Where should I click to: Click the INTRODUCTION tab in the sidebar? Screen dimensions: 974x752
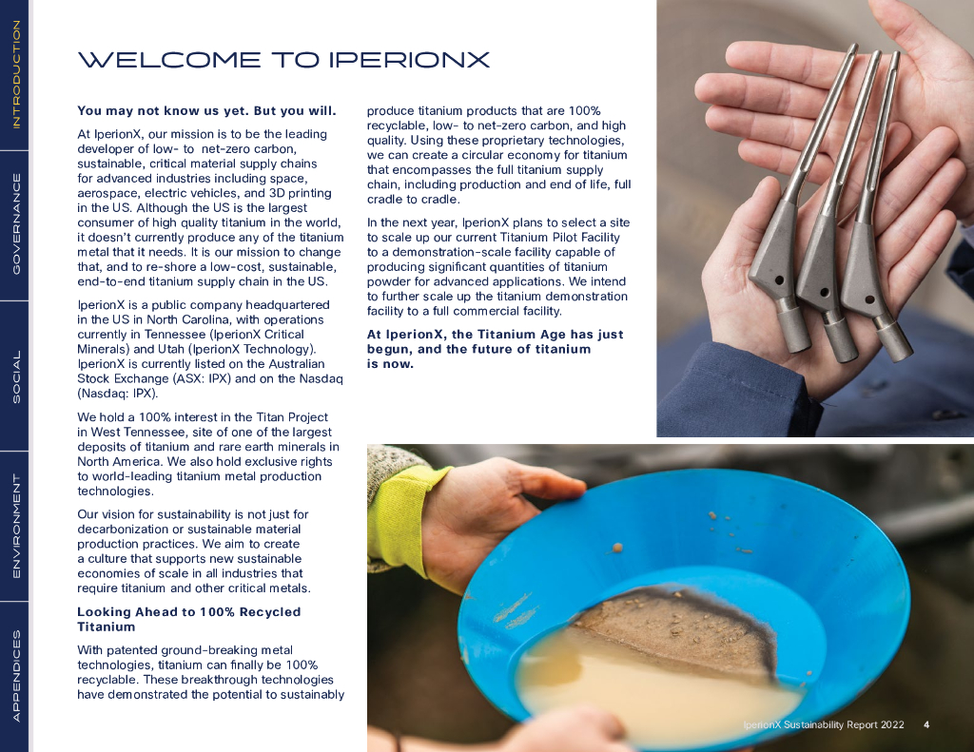(16, 74)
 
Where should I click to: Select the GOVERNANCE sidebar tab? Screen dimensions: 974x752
(16, 224)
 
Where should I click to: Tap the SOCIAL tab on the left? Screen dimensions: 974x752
(16, 376)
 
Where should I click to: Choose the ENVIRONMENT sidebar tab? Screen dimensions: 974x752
(16, 527)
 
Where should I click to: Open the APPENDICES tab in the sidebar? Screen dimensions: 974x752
(16, 676)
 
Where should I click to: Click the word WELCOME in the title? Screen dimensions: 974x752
(169, 60)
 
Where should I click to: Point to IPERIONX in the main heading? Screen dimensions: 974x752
(409, 60)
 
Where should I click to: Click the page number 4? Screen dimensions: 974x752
(926, 724)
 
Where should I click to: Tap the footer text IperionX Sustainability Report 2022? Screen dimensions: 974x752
(824, 724)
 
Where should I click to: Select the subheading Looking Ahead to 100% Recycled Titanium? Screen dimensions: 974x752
(189, 619)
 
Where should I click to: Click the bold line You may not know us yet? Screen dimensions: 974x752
(162, 111)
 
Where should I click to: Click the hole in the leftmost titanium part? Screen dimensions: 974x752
(779, 280)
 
